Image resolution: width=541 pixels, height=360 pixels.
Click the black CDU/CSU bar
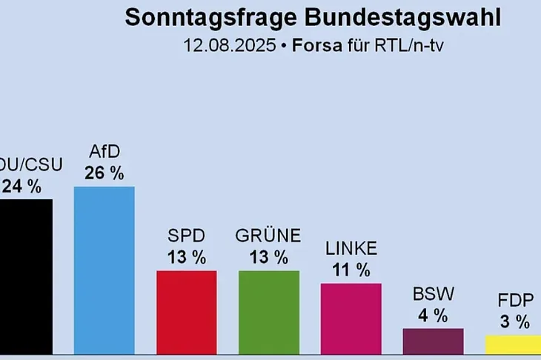click(x=26, y=276)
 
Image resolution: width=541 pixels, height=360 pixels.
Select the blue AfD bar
click(x=104, y=270)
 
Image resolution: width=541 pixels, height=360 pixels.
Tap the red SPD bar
click(x=187, y=313)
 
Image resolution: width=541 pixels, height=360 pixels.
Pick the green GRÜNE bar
click(x=269, y=313)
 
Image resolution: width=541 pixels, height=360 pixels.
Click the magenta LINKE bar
click(x=351, y=319)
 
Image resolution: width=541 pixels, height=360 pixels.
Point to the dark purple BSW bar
click(x=433, y=341)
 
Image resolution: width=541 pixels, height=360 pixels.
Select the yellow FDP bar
click(x=513, y=345)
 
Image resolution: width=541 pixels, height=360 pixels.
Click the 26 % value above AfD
click(x=104, y=173)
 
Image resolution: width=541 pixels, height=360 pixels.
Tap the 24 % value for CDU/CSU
click(x=21, y=187)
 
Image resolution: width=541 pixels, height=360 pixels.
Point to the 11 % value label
click(x=351, y=270)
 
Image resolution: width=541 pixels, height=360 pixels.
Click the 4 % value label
click(x=433, y=316)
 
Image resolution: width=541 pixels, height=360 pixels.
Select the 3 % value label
click(x=515, y=321)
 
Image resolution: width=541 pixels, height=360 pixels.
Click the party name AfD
click(x=104, y=151)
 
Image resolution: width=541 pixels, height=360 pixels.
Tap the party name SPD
click(x=186, y=236)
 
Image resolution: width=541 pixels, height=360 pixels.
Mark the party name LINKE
click(x=351, y=249)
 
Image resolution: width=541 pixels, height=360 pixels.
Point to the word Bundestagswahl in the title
click(x=403, y=17)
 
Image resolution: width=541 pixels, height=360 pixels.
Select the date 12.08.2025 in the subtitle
click(x=230, y=45)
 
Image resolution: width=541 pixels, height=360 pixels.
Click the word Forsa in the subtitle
click(x=317, y=45)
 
